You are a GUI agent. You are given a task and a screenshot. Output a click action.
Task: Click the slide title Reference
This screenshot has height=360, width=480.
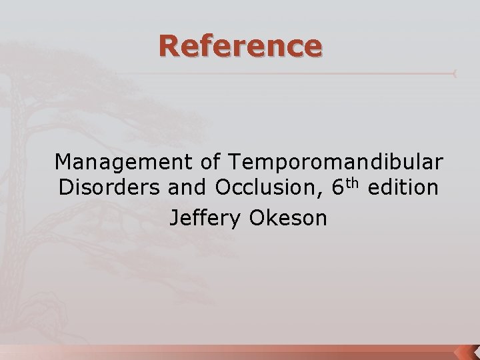[x=240, y=46]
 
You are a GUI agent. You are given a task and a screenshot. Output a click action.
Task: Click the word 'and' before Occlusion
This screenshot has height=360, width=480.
[x=189, y=189]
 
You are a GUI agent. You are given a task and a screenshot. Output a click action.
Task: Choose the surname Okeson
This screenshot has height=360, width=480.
[x=288, y=217]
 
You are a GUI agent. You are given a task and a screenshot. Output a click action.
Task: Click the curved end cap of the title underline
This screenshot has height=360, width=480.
[x=455, y=73]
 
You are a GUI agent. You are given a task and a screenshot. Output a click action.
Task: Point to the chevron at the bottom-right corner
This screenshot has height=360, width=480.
[x=466, y=351]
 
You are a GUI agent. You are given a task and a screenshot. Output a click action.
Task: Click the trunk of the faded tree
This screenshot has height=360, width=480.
[x=23, y=200]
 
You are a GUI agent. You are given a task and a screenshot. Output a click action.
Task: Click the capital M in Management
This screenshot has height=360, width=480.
[x=64, y=161]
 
